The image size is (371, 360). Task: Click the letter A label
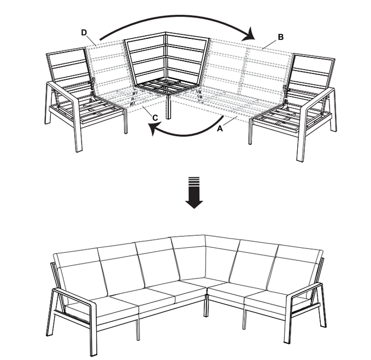220,129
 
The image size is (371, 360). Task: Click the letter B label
281,37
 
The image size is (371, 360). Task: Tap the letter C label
155,118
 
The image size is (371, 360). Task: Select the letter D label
84,32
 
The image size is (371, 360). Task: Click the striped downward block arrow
194,193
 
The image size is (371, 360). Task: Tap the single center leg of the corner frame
168,107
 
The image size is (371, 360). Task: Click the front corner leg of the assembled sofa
207,305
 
